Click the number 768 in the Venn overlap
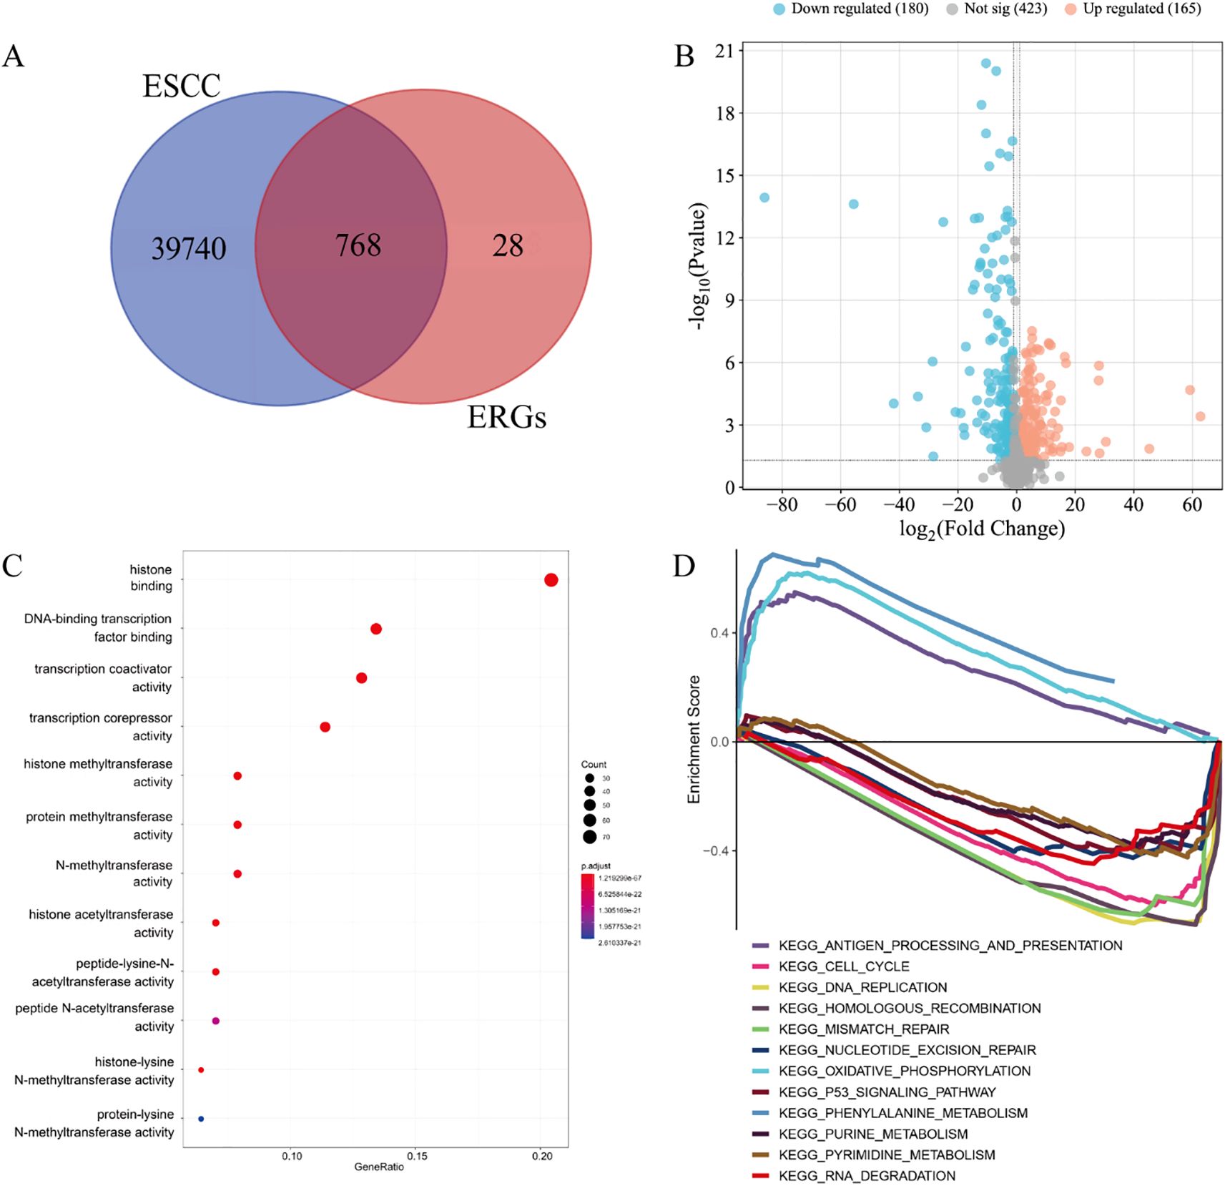tap(358, 245)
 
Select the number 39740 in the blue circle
tap(189, 248)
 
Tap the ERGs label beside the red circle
tap(506, 417)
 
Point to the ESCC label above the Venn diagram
tap(182, 86)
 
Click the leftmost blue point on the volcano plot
tap(764, 197)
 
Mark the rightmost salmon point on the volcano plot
tap(1200, 416)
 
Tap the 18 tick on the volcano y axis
tap(725, 113)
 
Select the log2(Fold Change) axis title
tap(982, 529)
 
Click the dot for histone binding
tap(551, 580)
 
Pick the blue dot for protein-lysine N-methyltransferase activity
tap(201, 1119)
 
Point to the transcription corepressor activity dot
tap(325, 727)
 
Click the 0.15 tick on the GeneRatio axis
tap(417, 1156)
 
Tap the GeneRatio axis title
tap(379, 1167)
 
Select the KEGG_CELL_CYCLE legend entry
tap(844, 966)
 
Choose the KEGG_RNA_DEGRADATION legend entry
tap(867, 1175)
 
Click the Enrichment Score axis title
tap(694, 739)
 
